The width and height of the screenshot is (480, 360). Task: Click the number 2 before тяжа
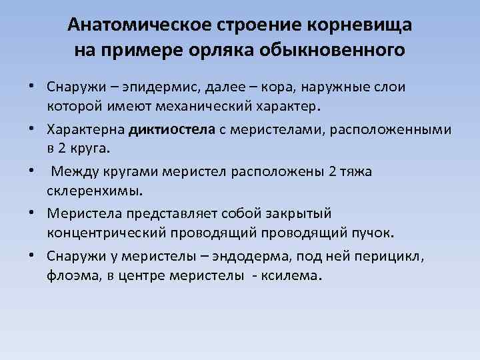[333, 171]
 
